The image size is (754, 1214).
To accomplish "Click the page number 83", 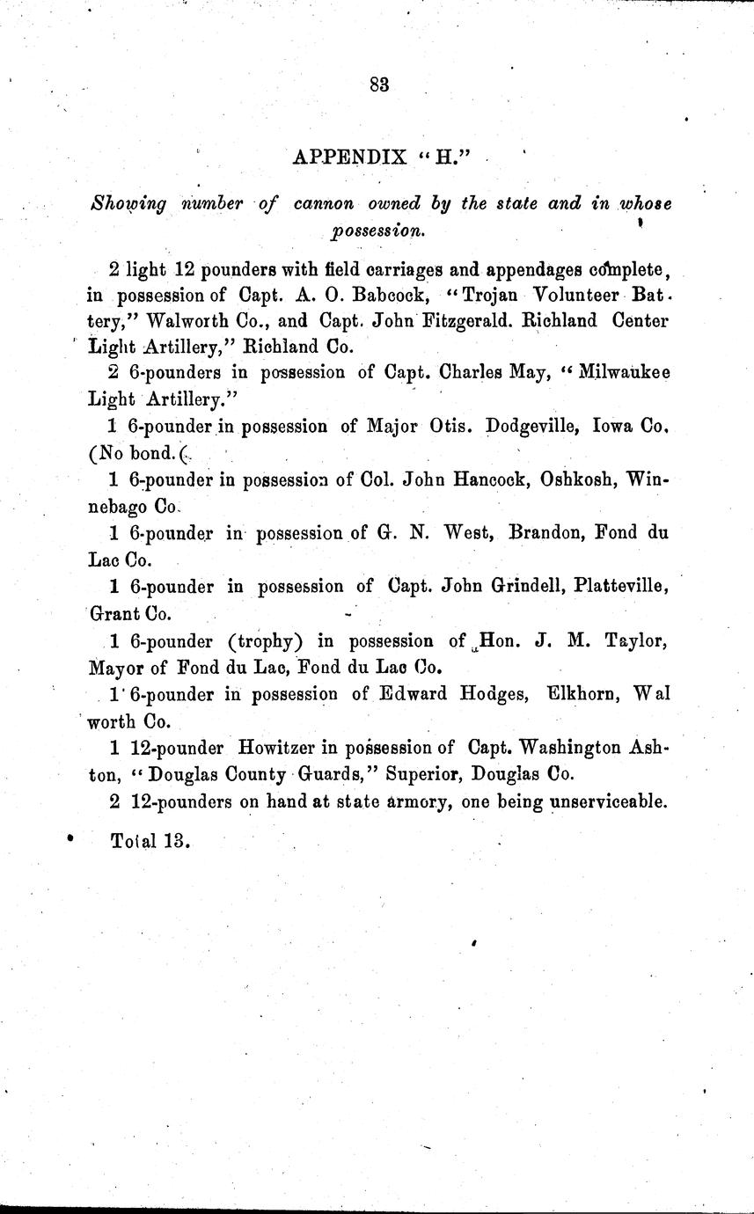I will pyautogui.click(x=379, y=84).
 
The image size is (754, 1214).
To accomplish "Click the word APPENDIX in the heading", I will pyautogui.click(x=348, y=157).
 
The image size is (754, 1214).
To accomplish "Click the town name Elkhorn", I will pyautogui.click(x=586, y=694).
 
